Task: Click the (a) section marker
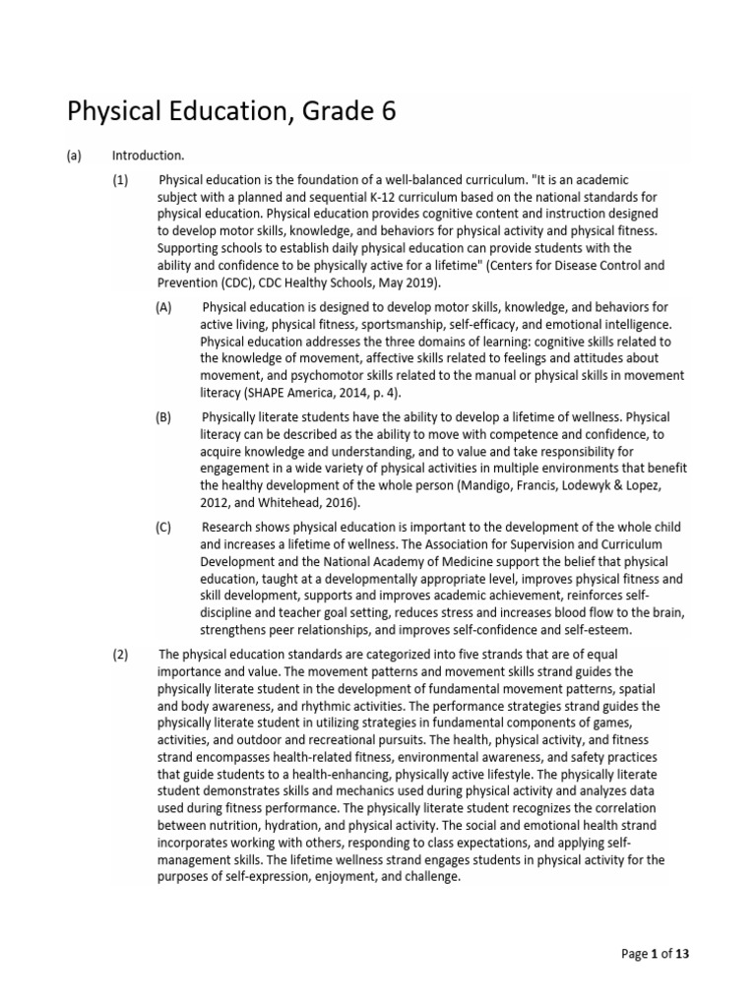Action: click(75, 156)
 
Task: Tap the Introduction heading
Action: click(148, 156)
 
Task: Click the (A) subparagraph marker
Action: click(163, 307)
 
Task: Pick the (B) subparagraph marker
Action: click(163, 416)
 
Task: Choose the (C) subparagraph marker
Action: click(163, 528)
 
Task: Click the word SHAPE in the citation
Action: click(295, 393)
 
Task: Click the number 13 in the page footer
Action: click(694, 954)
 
